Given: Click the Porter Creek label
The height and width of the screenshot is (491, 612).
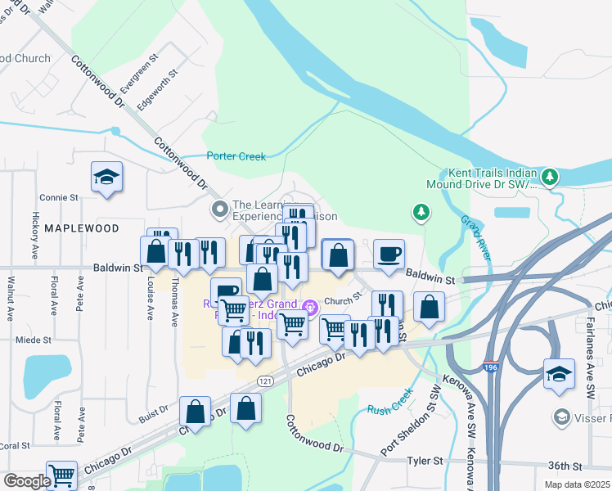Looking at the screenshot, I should coord(236,155).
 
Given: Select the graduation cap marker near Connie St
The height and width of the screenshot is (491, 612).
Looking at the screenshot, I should coord(106,178).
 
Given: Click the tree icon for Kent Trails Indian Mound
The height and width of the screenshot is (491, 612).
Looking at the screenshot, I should coord(551,177).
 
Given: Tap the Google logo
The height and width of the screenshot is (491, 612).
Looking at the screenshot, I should coord(26,480).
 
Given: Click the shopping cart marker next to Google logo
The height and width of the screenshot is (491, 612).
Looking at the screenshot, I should coord(61,474).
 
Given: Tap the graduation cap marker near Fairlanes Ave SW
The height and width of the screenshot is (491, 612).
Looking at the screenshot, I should coord(559,373).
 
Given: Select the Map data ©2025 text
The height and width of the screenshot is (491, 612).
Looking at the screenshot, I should coord(576,484).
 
